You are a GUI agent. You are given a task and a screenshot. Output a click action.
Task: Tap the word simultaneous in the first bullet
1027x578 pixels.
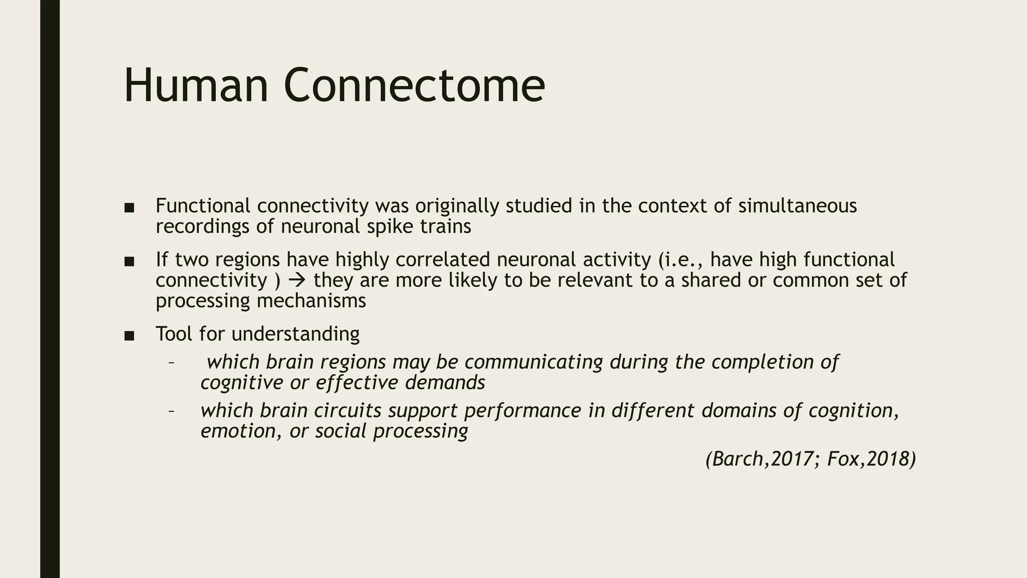point(797,206)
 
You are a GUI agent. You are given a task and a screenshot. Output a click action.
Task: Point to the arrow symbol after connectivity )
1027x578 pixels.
point(297,280)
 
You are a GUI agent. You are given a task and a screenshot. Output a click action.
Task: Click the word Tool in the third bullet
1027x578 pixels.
point(174,334)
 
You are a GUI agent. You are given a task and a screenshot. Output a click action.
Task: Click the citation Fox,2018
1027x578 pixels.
point(871,459)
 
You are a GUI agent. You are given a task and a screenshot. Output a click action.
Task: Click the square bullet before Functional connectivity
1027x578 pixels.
point(129,208)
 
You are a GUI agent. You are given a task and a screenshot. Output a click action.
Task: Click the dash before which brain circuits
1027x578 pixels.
point(172,411)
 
